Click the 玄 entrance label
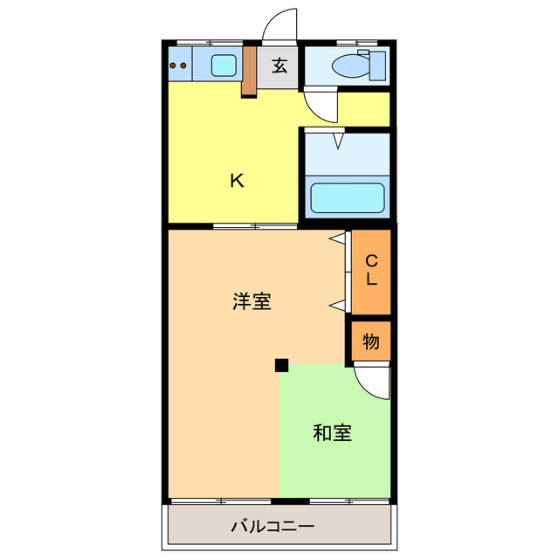279,66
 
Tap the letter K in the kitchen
236,181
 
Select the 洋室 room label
252,302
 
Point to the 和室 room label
333,432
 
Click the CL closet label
370,271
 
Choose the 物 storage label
370,342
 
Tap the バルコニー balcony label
272,527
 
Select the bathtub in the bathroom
349,198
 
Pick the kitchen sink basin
224,64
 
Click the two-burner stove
179,64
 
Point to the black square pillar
281,364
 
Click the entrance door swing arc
281,24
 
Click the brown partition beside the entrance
249,69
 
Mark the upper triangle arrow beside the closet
337,238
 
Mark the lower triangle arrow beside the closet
337,304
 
